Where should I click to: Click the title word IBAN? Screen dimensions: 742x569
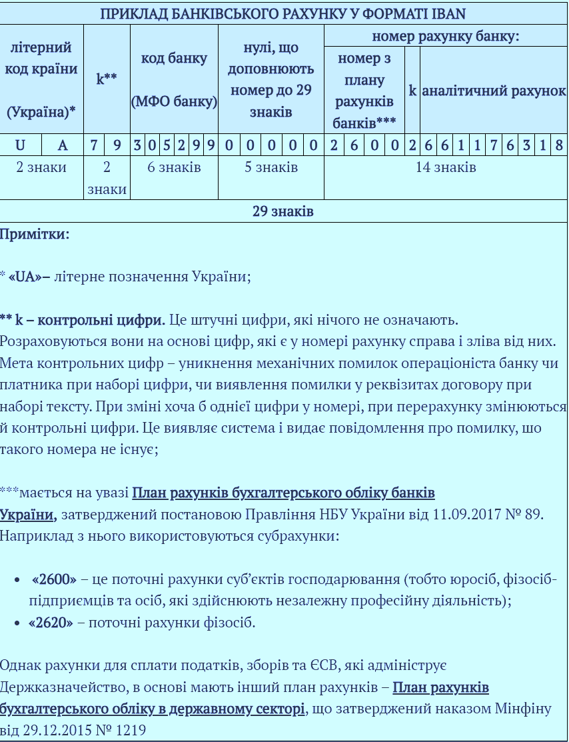click(x=446, y=13)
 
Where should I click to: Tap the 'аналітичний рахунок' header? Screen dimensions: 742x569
click(x=494, y=91)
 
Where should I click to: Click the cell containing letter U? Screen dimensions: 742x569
click(x=21, y=145)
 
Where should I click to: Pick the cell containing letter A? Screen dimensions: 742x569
click(x=63, y=145)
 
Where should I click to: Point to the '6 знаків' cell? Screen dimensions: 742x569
click(x=174, y=167)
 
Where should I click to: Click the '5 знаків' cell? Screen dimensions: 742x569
click(x=271, y=167)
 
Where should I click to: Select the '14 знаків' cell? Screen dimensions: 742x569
click(x=445, y=167)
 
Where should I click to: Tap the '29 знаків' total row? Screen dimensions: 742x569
click(x=283, y=211)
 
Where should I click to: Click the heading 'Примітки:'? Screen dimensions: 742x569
click(x=35, y=234)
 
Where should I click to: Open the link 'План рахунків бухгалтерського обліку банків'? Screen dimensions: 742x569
click(x=283, y=493)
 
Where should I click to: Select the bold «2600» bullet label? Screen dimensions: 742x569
click(x=54, y=579)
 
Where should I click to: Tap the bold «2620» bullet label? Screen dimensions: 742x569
click(x=51, y=623)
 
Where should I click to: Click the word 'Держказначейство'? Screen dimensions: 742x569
click(x=58, y=687)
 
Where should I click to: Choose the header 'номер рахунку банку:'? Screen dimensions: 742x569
click(x=445, y=36)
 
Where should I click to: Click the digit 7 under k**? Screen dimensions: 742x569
click(x=95, y=145)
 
